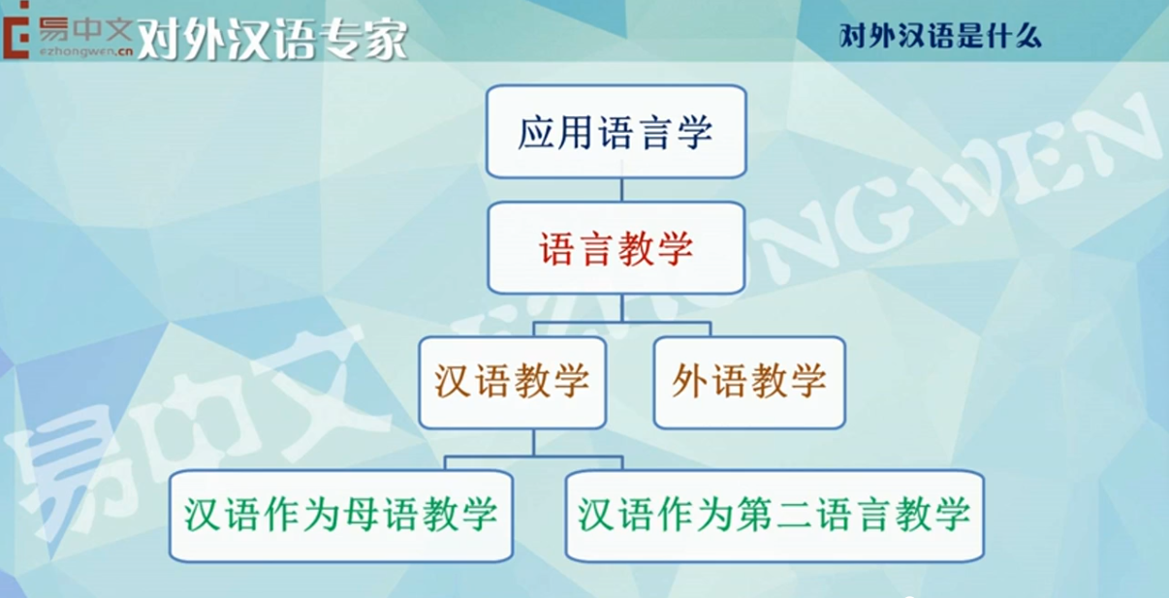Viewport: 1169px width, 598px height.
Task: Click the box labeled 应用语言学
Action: click(616, 132)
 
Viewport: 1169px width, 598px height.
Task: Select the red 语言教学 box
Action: click(616, 248)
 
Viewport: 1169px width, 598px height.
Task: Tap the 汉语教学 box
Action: click(512, 383)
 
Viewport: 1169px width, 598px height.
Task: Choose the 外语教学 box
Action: click(749, 383)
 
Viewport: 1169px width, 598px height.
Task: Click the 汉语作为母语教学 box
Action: click(341, 516)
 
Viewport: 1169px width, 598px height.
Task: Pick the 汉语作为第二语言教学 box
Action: click(774, 516)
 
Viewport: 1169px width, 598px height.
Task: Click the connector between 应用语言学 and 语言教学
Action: click(621, 190)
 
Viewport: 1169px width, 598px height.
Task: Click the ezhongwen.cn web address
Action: click(86, 52)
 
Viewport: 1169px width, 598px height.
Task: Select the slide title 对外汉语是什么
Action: click(940, 37)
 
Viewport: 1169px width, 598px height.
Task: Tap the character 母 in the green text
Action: click(362, 514)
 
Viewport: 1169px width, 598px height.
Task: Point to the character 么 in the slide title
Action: click(1025, 37)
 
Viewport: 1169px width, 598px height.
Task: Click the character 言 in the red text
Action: click(596, 248)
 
